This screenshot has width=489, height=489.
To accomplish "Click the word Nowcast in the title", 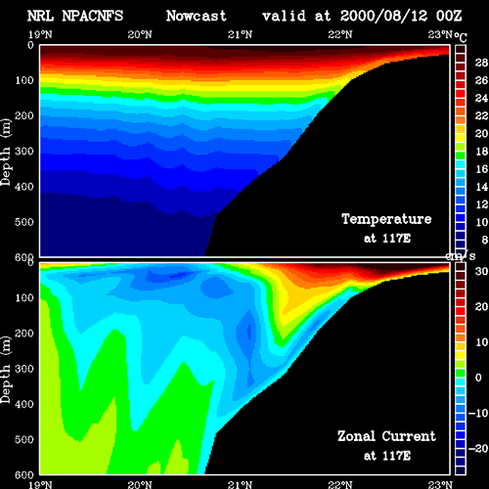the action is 196,16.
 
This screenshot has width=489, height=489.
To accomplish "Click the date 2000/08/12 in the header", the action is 383,16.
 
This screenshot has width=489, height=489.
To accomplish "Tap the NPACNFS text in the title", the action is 93,16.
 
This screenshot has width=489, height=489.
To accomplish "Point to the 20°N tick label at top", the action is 140,34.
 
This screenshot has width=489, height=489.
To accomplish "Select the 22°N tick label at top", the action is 340,34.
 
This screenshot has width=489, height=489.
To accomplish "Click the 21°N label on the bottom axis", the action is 240,485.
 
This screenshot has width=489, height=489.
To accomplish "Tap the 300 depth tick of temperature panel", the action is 24,151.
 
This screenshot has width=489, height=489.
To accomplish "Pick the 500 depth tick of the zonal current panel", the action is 24,439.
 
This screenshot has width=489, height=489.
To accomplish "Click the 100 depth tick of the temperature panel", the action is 24,80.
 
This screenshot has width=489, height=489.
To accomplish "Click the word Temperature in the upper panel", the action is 386,219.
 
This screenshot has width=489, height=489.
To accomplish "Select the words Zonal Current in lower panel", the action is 386,436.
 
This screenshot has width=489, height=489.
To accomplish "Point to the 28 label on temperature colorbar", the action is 481,63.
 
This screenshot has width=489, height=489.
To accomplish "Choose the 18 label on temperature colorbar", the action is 481,152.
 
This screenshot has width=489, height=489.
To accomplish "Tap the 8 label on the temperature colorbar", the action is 485,240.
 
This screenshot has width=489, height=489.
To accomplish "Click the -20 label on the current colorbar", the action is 478,449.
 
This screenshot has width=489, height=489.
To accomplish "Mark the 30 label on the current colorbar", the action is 481,271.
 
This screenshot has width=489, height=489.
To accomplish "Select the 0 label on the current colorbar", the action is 478,378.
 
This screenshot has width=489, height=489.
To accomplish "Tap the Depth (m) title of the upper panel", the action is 6,153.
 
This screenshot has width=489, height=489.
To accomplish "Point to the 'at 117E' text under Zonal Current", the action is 387,456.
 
